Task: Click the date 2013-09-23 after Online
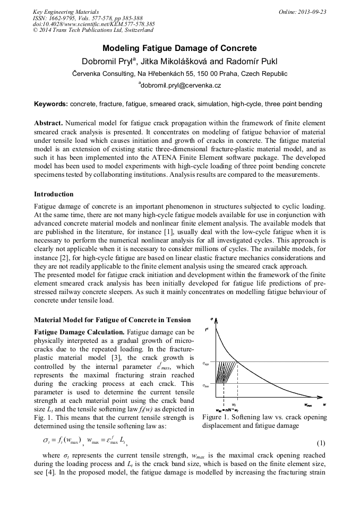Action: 312,12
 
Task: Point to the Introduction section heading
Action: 54,194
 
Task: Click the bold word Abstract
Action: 49,123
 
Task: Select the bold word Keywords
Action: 51,105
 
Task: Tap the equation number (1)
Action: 321,442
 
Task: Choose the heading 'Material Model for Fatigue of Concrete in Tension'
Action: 112,320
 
